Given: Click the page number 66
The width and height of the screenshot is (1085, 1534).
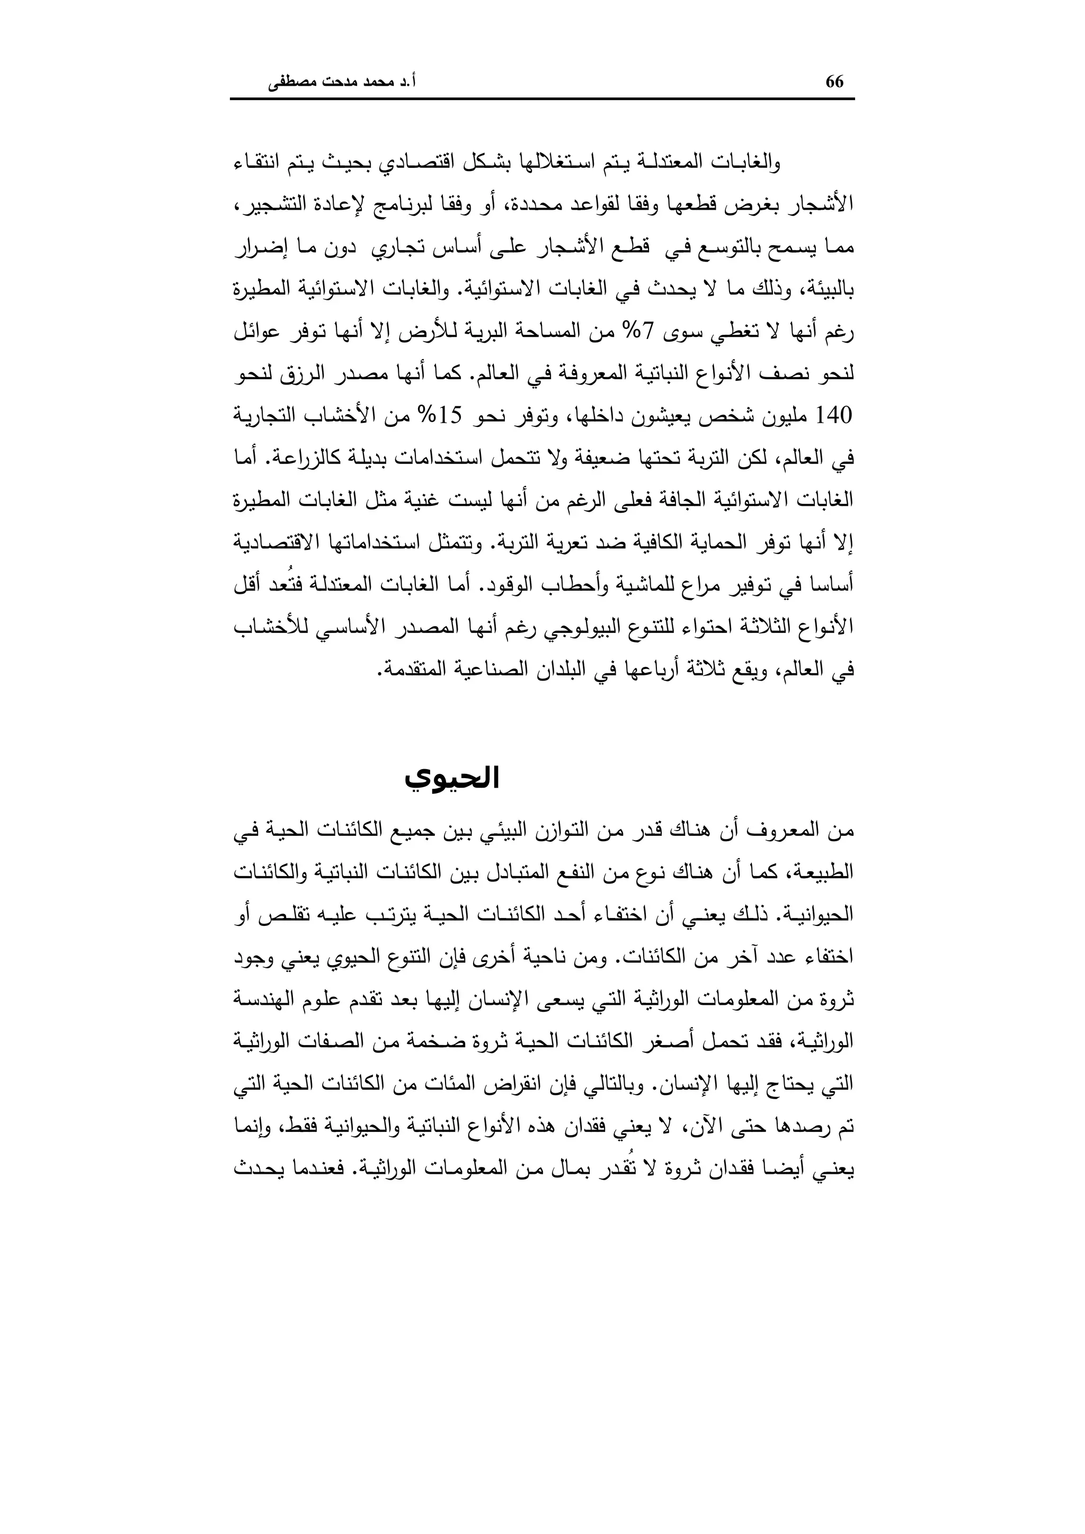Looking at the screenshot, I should pyautogui.click(x=834, y=82).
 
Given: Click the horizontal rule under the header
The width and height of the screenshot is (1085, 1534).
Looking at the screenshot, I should pyautogui.click(x=542, y=100).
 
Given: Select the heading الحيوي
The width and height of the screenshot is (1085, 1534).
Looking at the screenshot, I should pyautogui.click(x=452, y=779).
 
